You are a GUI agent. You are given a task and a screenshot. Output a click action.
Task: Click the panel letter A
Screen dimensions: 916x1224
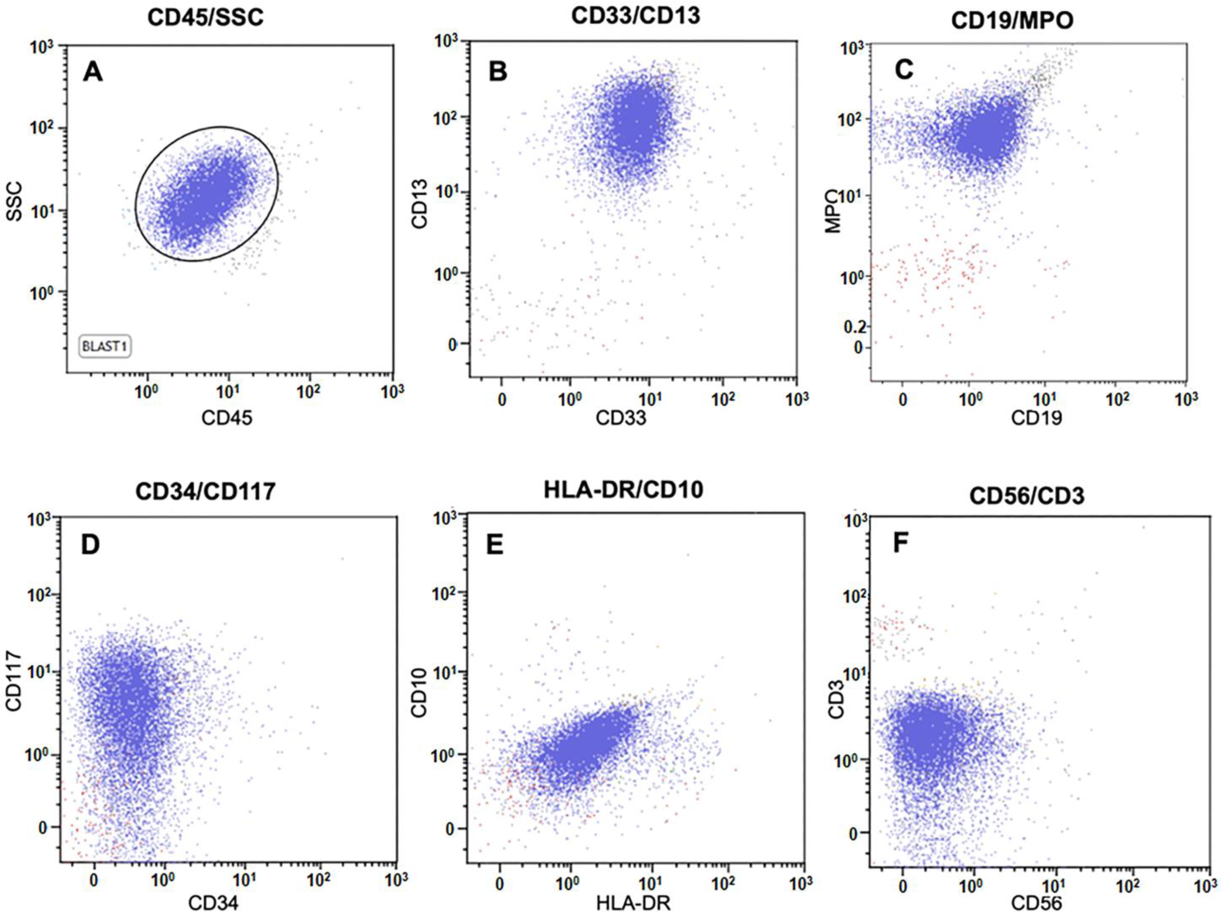[92, 72]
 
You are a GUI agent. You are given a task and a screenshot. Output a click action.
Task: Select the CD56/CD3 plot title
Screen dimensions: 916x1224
[1027, 496]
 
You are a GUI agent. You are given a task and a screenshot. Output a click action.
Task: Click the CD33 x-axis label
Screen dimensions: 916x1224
[620, 418]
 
